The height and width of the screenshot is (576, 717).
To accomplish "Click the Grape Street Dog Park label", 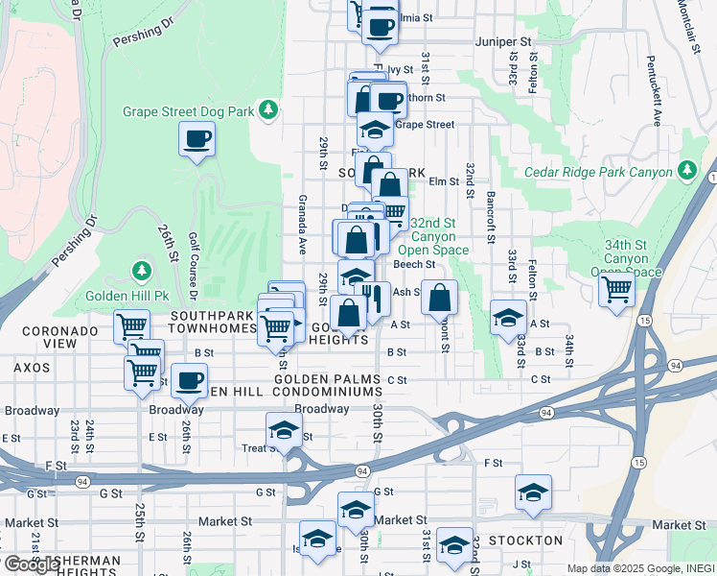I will click(188, 111).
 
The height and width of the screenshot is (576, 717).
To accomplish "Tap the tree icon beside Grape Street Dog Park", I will click(271, 111).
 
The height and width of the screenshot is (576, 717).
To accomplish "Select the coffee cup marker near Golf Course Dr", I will click(197, 139).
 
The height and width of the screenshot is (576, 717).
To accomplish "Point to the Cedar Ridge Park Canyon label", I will click(600, 173).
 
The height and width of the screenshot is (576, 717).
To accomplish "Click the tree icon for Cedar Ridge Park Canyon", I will click(686, 171).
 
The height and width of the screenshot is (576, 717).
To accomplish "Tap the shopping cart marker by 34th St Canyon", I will click(616, 288).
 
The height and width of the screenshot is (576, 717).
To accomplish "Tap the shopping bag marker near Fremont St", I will click(439, 299).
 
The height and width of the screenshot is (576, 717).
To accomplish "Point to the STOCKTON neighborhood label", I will click(525, 540).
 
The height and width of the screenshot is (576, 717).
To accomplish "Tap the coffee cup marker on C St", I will click(189, 381).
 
